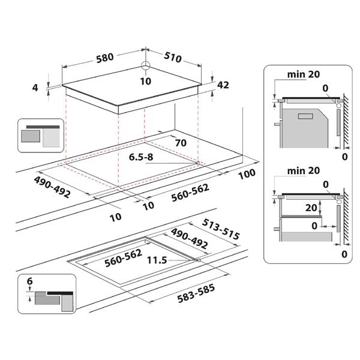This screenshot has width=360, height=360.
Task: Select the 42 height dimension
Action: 223,85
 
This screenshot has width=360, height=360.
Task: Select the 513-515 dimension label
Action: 222,228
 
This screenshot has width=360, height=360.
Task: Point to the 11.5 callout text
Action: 156,260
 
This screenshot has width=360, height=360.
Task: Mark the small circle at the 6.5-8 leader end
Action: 197,163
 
